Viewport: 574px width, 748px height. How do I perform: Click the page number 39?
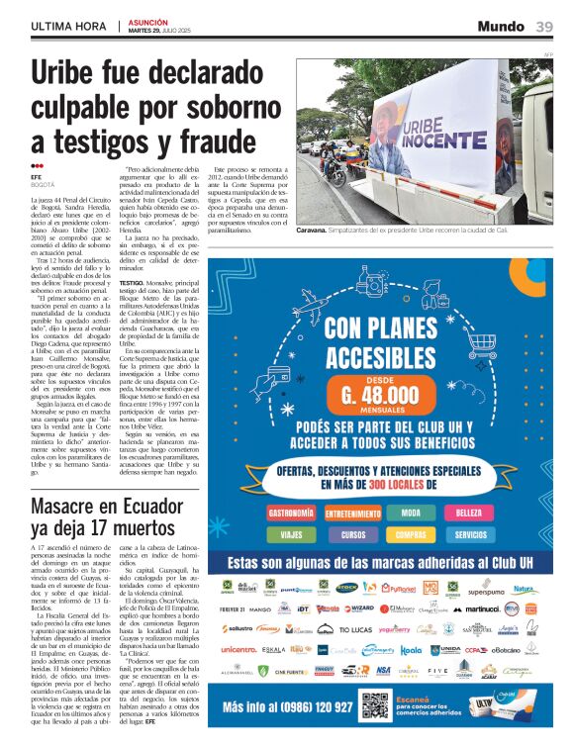pos(544,26)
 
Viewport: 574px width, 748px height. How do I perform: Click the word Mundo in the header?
pos(501,26)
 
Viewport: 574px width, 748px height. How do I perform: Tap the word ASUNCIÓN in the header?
pos(148,21)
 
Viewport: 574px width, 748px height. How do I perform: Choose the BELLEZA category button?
pos(468,514)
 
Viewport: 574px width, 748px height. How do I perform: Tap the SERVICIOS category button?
pos(468,534)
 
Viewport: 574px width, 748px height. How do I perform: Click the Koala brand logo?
pos(410,650)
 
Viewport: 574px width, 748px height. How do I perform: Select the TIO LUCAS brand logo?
pos(355,629)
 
